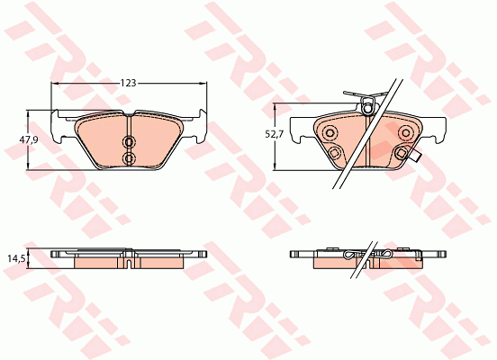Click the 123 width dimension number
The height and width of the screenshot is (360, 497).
[x=129, y=83]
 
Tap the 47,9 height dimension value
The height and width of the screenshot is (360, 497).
[x=29, y=139]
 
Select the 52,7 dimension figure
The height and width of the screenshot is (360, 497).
[x=275, y=134]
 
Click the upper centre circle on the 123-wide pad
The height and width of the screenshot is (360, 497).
[x=129, y=141]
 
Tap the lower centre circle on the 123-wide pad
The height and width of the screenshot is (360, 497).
[x=129, y=157]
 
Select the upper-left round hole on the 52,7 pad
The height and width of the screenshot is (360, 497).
[x=329, y=131]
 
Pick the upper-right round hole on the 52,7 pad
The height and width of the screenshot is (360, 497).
[x=405, y=131]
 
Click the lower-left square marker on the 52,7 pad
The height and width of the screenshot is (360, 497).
[x=334, y=153]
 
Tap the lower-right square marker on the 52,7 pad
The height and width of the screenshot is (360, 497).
[x=402, y=153]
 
